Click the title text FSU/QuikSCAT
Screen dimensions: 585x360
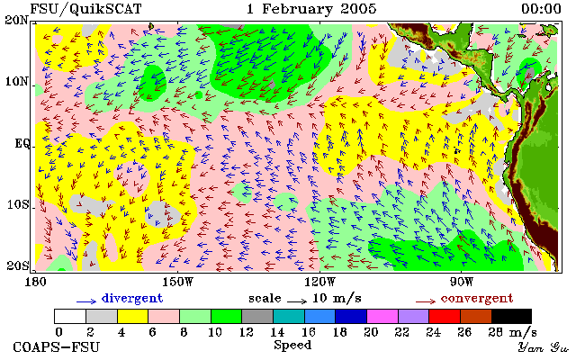(x=85, y=9)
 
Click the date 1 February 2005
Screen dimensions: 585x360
(x=311, y=9)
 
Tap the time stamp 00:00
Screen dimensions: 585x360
(x=541, y=9)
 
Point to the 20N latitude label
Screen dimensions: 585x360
(x=16, y=20)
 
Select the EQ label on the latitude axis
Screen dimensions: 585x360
(x=22, y=144)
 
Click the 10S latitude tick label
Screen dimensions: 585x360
(x=17, y=205)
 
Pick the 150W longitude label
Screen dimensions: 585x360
(x=177, y=282)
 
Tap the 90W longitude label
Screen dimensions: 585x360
(x=461, y=282)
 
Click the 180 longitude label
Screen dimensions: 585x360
(x=35, y=282)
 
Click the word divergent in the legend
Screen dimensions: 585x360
(x=132, y=299)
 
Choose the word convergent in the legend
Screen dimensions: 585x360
(x=477, y=299)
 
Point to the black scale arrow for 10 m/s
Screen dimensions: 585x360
(x=297, y=301)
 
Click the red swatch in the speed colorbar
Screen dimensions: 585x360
(x=445, y=317)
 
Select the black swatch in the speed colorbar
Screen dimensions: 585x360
(x=511, y=317)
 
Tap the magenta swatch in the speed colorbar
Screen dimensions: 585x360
(x=382, y=317)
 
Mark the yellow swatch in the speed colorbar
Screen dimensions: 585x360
(x=133, y=317)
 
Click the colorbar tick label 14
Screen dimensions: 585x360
(x=277, y=332)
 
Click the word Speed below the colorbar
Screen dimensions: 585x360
(x=292, y=345)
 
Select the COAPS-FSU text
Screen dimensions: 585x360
(x=57, y=347)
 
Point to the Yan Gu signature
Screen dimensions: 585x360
(x=543, y=347)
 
